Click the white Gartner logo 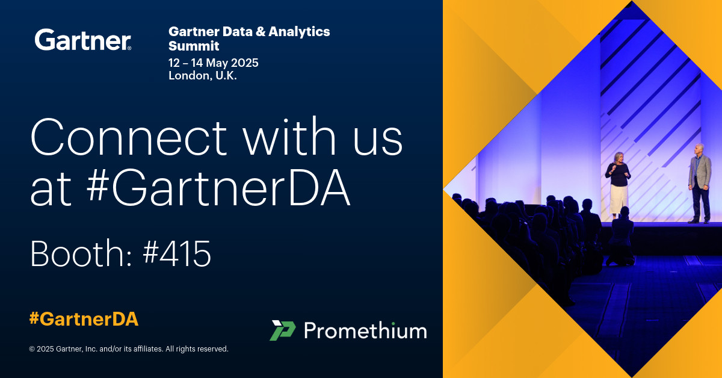83,40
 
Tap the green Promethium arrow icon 283,330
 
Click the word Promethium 366,330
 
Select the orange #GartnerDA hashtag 84,319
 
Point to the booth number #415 177,253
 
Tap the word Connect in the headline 129,137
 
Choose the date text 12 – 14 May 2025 214,63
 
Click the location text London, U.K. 203,75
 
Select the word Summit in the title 194,46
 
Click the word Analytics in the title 299,32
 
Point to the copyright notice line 129,349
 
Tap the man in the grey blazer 699,184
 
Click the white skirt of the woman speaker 619,199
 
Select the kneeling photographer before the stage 621,237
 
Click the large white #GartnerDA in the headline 218,188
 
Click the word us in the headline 378,141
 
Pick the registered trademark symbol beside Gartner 129,48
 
